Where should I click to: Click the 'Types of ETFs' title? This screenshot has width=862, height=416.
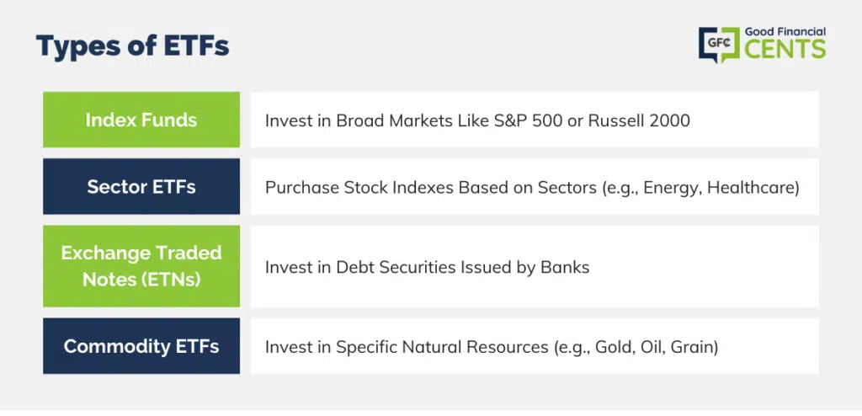pyautogui.click(x=132, y=47)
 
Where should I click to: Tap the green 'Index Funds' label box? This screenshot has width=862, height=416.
pyautogui.click(x=141, y=120)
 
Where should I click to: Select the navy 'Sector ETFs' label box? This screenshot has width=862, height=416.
pyautogui.click(x=141, y=187)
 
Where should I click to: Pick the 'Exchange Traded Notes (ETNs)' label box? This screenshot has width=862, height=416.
pyautogui.click(x=141, y=266)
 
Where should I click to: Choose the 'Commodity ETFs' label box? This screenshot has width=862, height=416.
pyautogui.click(x=141, y=346)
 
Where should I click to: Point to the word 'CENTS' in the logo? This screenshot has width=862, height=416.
pyautogui.click(x=785, y=49)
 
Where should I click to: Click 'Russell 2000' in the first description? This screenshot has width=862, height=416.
pyautogui.click(x=639, y=120)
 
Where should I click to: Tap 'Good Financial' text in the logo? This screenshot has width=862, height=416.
pyautogui.click(x=785, y=32)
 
